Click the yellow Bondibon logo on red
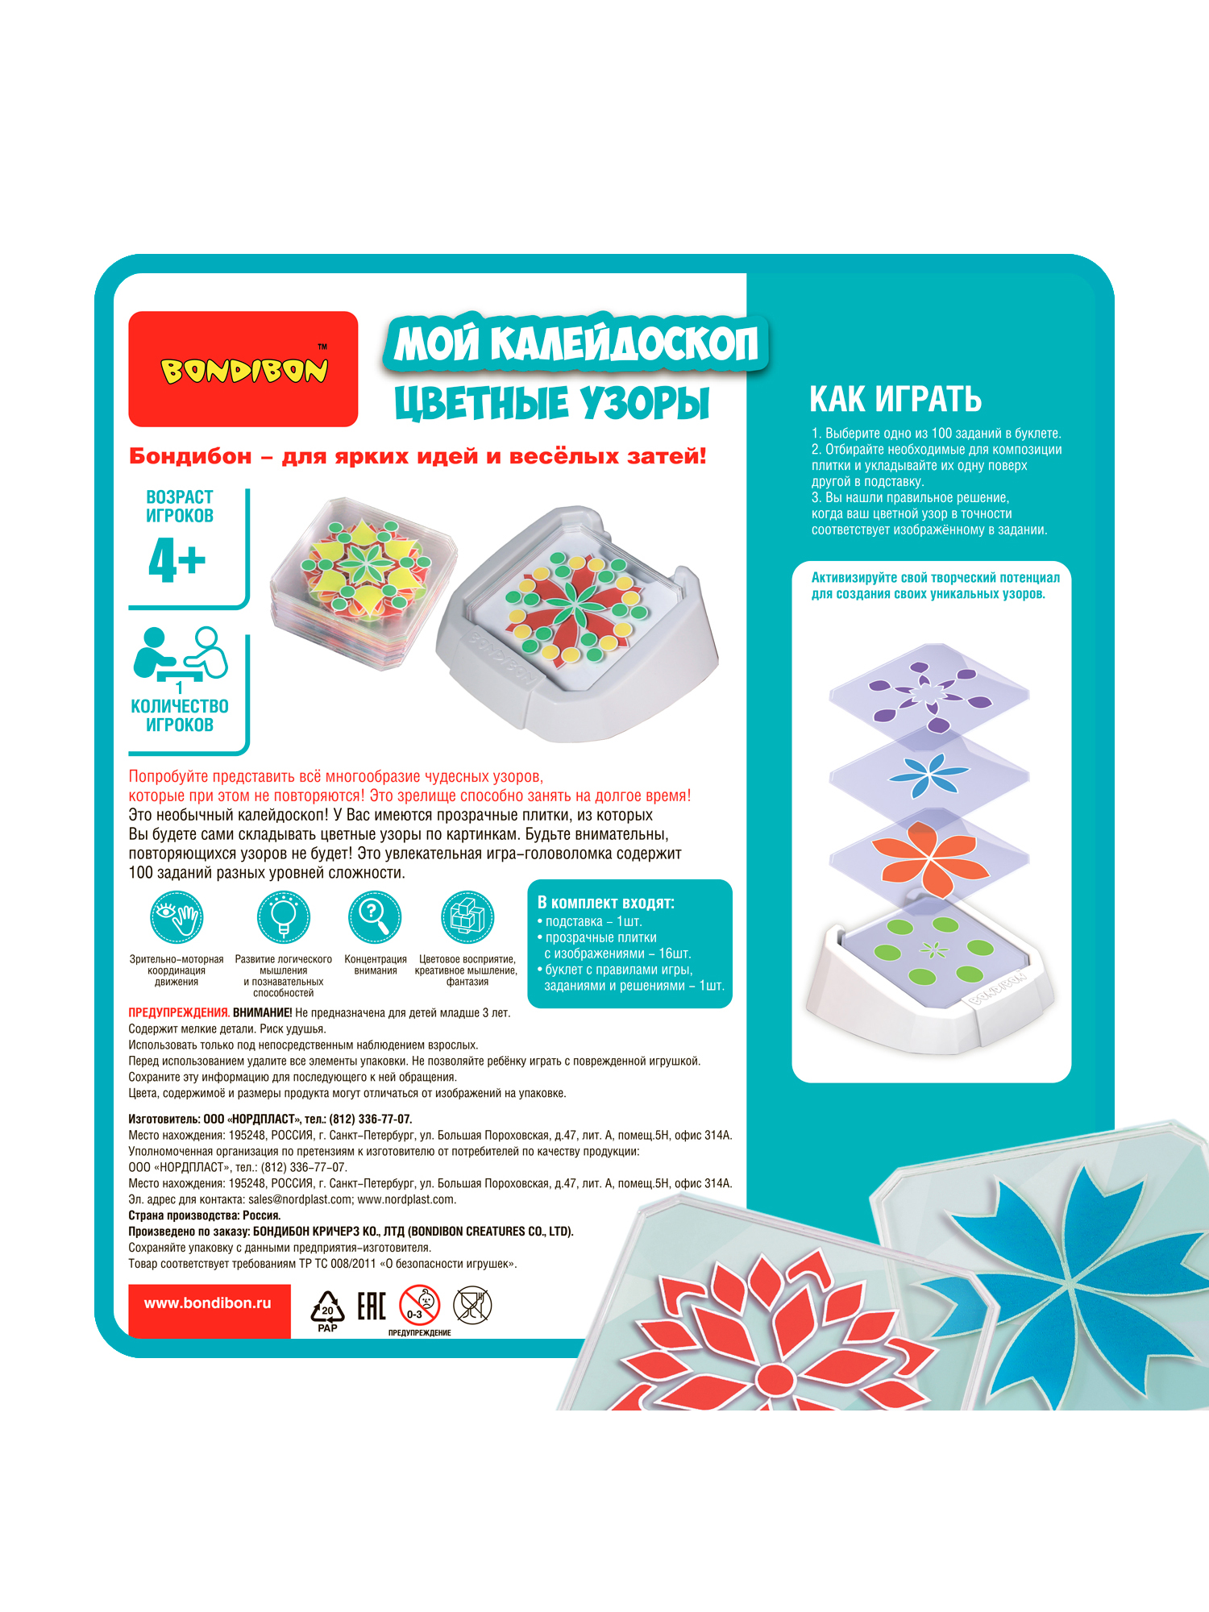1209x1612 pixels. coord(243,370)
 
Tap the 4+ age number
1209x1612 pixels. coord(177,559)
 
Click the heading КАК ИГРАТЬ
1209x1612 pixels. coord(895,399)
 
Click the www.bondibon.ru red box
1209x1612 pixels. coord(209,1303)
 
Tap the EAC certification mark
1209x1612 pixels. coord(372,1306)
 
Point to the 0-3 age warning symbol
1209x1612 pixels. coord(419,1305)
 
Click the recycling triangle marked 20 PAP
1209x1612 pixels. coord(327,1310)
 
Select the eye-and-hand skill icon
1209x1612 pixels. coord(177,917)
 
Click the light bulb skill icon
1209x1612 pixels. coord(283,917)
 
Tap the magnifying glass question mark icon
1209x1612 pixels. coord(375,917)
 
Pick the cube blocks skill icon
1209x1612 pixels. coord(467,917)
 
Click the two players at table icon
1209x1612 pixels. coord(181,654)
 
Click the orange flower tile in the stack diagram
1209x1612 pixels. coord(929,856)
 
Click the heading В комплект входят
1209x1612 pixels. coord(605,903)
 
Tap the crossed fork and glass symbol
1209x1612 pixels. coord(472,1305)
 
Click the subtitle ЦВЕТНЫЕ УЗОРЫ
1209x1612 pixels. coord(552,403)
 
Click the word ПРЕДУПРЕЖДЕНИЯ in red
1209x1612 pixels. coord(179,1012)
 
